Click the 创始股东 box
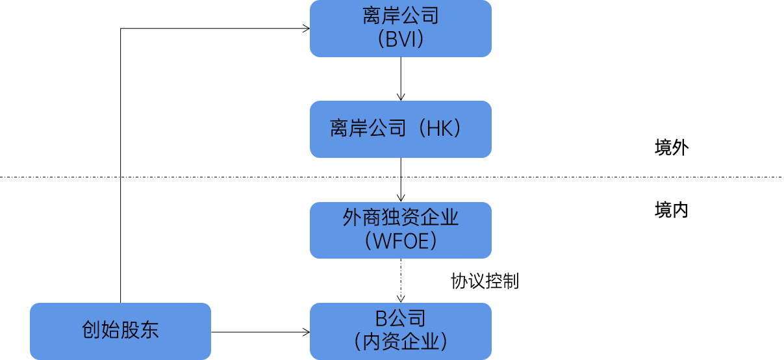[x=120, y=331]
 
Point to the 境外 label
[x=671, y=148]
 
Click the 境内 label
[x=671, y=211]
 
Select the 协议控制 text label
[x=485, y=281]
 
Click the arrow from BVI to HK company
[x=401, y=78]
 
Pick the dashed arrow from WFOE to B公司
[x=401, y=279]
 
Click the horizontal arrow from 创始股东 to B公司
[x=260, y=332]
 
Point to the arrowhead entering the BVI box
[x=305, y=28]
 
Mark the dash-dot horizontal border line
[x=195, y=176]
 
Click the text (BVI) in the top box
[x=400, y=40]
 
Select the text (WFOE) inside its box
[x=400, y=242]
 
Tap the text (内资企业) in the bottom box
[x=400, y=342]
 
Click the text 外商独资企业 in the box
[x=400, y=218]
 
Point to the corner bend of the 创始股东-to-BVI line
[x=121, y=29]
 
